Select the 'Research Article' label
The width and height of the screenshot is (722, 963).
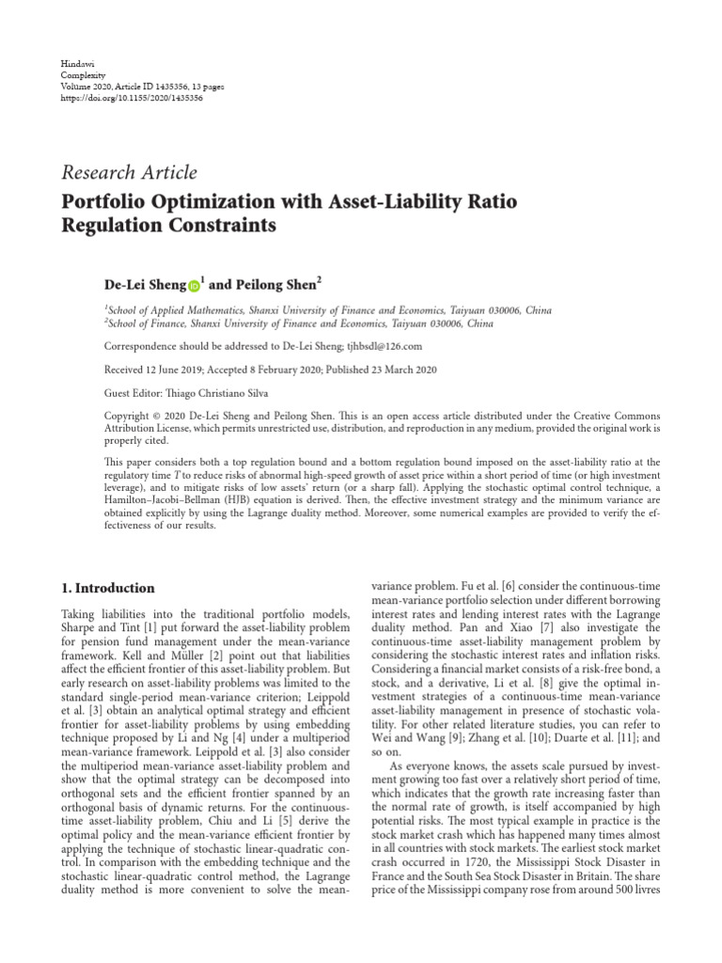coord(129,173)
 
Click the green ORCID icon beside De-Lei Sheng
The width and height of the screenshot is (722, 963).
coord(195,285)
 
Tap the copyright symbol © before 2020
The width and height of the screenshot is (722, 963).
coord(158,417)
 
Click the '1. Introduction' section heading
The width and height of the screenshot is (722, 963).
coord(107,589)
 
